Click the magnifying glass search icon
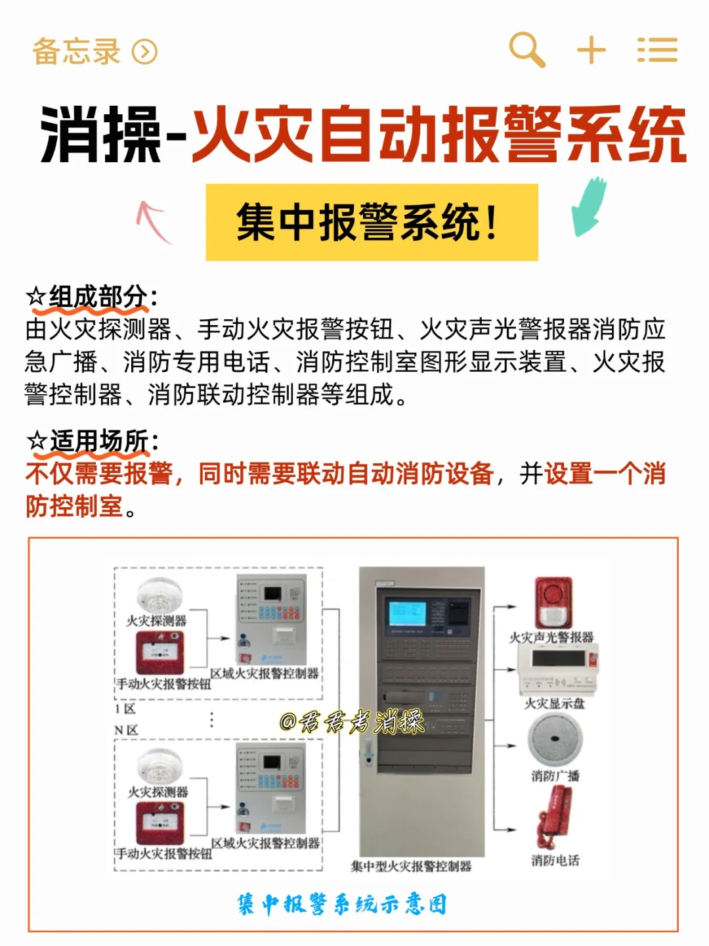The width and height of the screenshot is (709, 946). (x=527, y=49)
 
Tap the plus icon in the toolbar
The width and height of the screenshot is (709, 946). (x=591, y=50)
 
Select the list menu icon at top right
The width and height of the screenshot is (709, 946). (x=657, y=50)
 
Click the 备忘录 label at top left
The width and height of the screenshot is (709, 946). (x=77, y=52)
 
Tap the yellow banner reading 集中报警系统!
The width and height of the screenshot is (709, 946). (x=372, y=222)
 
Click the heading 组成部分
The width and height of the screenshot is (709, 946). (x=98, y=297)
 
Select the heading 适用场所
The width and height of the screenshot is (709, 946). (x=98, y=441)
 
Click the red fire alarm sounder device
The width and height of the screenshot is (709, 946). (x=553, y=602)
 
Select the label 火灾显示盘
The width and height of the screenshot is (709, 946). (x=554, y=704)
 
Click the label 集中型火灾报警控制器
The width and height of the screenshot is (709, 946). (x=412, y=867)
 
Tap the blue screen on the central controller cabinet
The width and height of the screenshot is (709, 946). (x=407, y=613)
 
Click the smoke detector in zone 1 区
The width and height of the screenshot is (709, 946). (x=156, y=595)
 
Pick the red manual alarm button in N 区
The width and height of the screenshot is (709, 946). (x=159, y=824)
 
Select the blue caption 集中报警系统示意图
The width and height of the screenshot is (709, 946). (x=342, y=904)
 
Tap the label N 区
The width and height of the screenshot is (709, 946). (x=126, y=730)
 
